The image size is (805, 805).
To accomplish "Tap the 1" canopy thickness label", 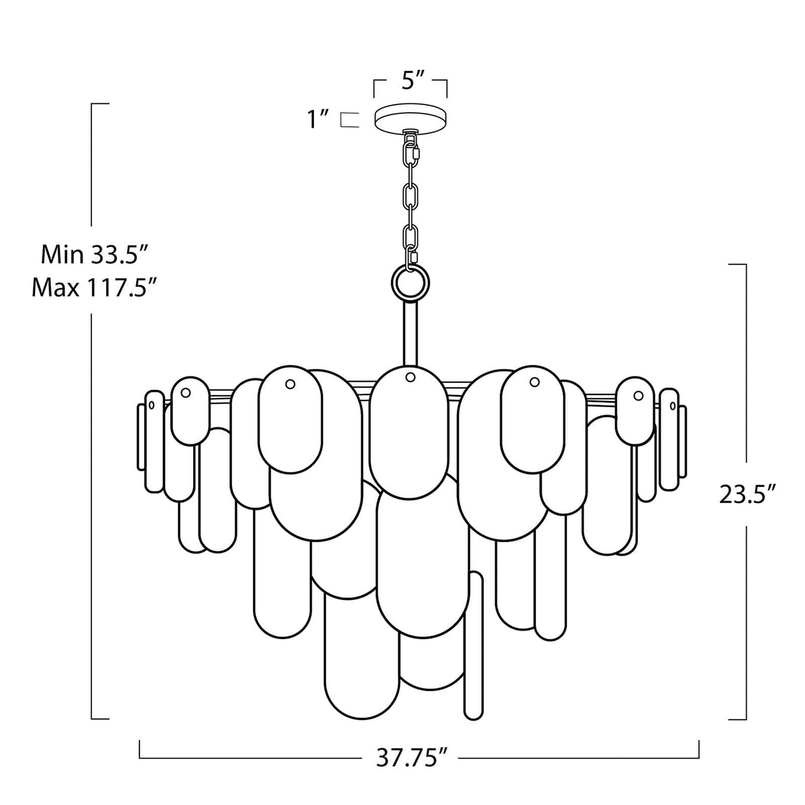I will pos(317,119).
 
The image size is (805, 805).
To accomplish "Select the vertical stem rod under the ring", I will pos(410,335).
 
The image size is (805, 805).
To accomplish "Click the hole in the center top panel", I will pos(409,378).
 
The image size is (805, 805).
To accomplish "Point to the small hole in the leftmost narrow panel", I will pos(152,405).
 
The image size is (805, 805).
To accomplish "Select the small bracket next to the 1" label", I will pos(347,119).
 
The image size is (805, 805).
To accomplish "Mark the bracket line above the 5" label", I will pos(411,79).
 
